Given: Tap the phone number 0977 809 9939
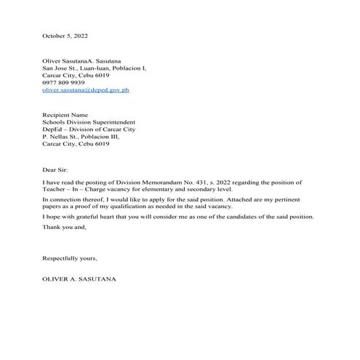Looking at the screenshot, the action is tap(63, 83).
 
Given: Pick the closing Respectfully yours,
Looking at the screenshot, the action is tap(70, 258).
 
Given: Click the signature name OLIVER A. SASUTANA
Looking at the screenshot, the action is tap(79, 279).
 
